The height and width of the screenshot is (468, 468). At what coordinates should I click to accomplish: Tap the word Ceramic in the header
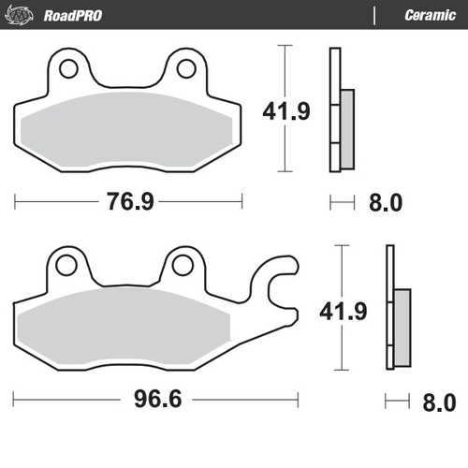(430, 16)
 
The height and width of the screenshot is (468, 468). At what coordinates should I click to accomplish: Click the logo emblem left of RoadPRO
(23, 16)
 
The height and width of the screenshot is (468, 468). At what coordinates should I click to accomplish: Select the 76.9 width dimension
(128, 202)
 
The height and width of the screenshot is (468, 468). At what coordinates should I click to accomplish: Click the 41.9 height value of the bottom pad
(341, 309)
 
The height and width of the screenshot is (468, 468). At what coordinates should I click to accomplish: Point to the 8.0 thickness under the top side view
(387, 202)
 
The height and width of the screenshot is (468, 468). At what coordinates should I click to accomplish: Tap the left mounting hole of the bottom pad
(66, 266)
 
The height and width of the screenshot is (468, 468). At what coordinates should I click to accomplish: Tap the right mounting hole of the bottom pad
(183, 266)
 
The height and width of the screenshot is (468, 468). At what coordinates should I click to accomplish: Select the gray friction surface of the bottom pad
(127, 327)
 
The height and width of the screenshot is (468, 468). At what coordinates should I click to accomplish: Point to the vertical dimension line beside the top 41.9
(282, 75)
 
